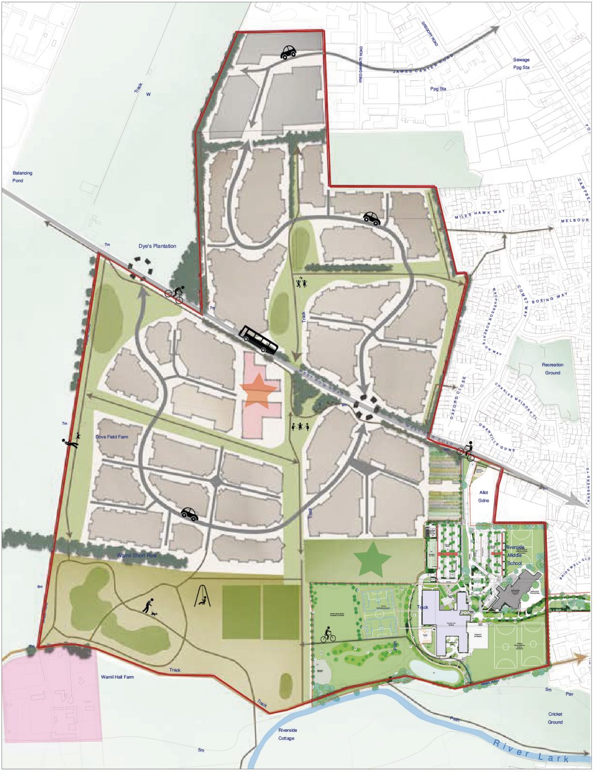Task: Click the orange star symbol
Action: tap(258, 389)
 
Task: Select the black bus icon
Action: tap(258, 339)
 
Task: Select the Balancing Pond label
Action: tap(22, 176)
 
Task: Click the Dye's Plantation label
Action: tap(157, 246)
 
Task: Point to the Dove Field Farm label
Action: tap(112, 437)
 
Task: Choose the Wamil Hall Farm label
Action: tap(118, 677)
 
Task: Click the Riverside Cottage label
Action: tap(287, 734)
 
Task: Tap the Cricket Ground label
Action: tap(555, 718)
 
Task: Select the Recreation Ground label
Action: tap(552, 369)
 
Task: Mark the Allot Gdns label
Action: tap(483, 497)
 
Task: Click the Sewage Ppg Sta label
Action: tap(521, 63)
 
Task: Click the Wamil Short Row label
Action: tap(137, 555)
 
